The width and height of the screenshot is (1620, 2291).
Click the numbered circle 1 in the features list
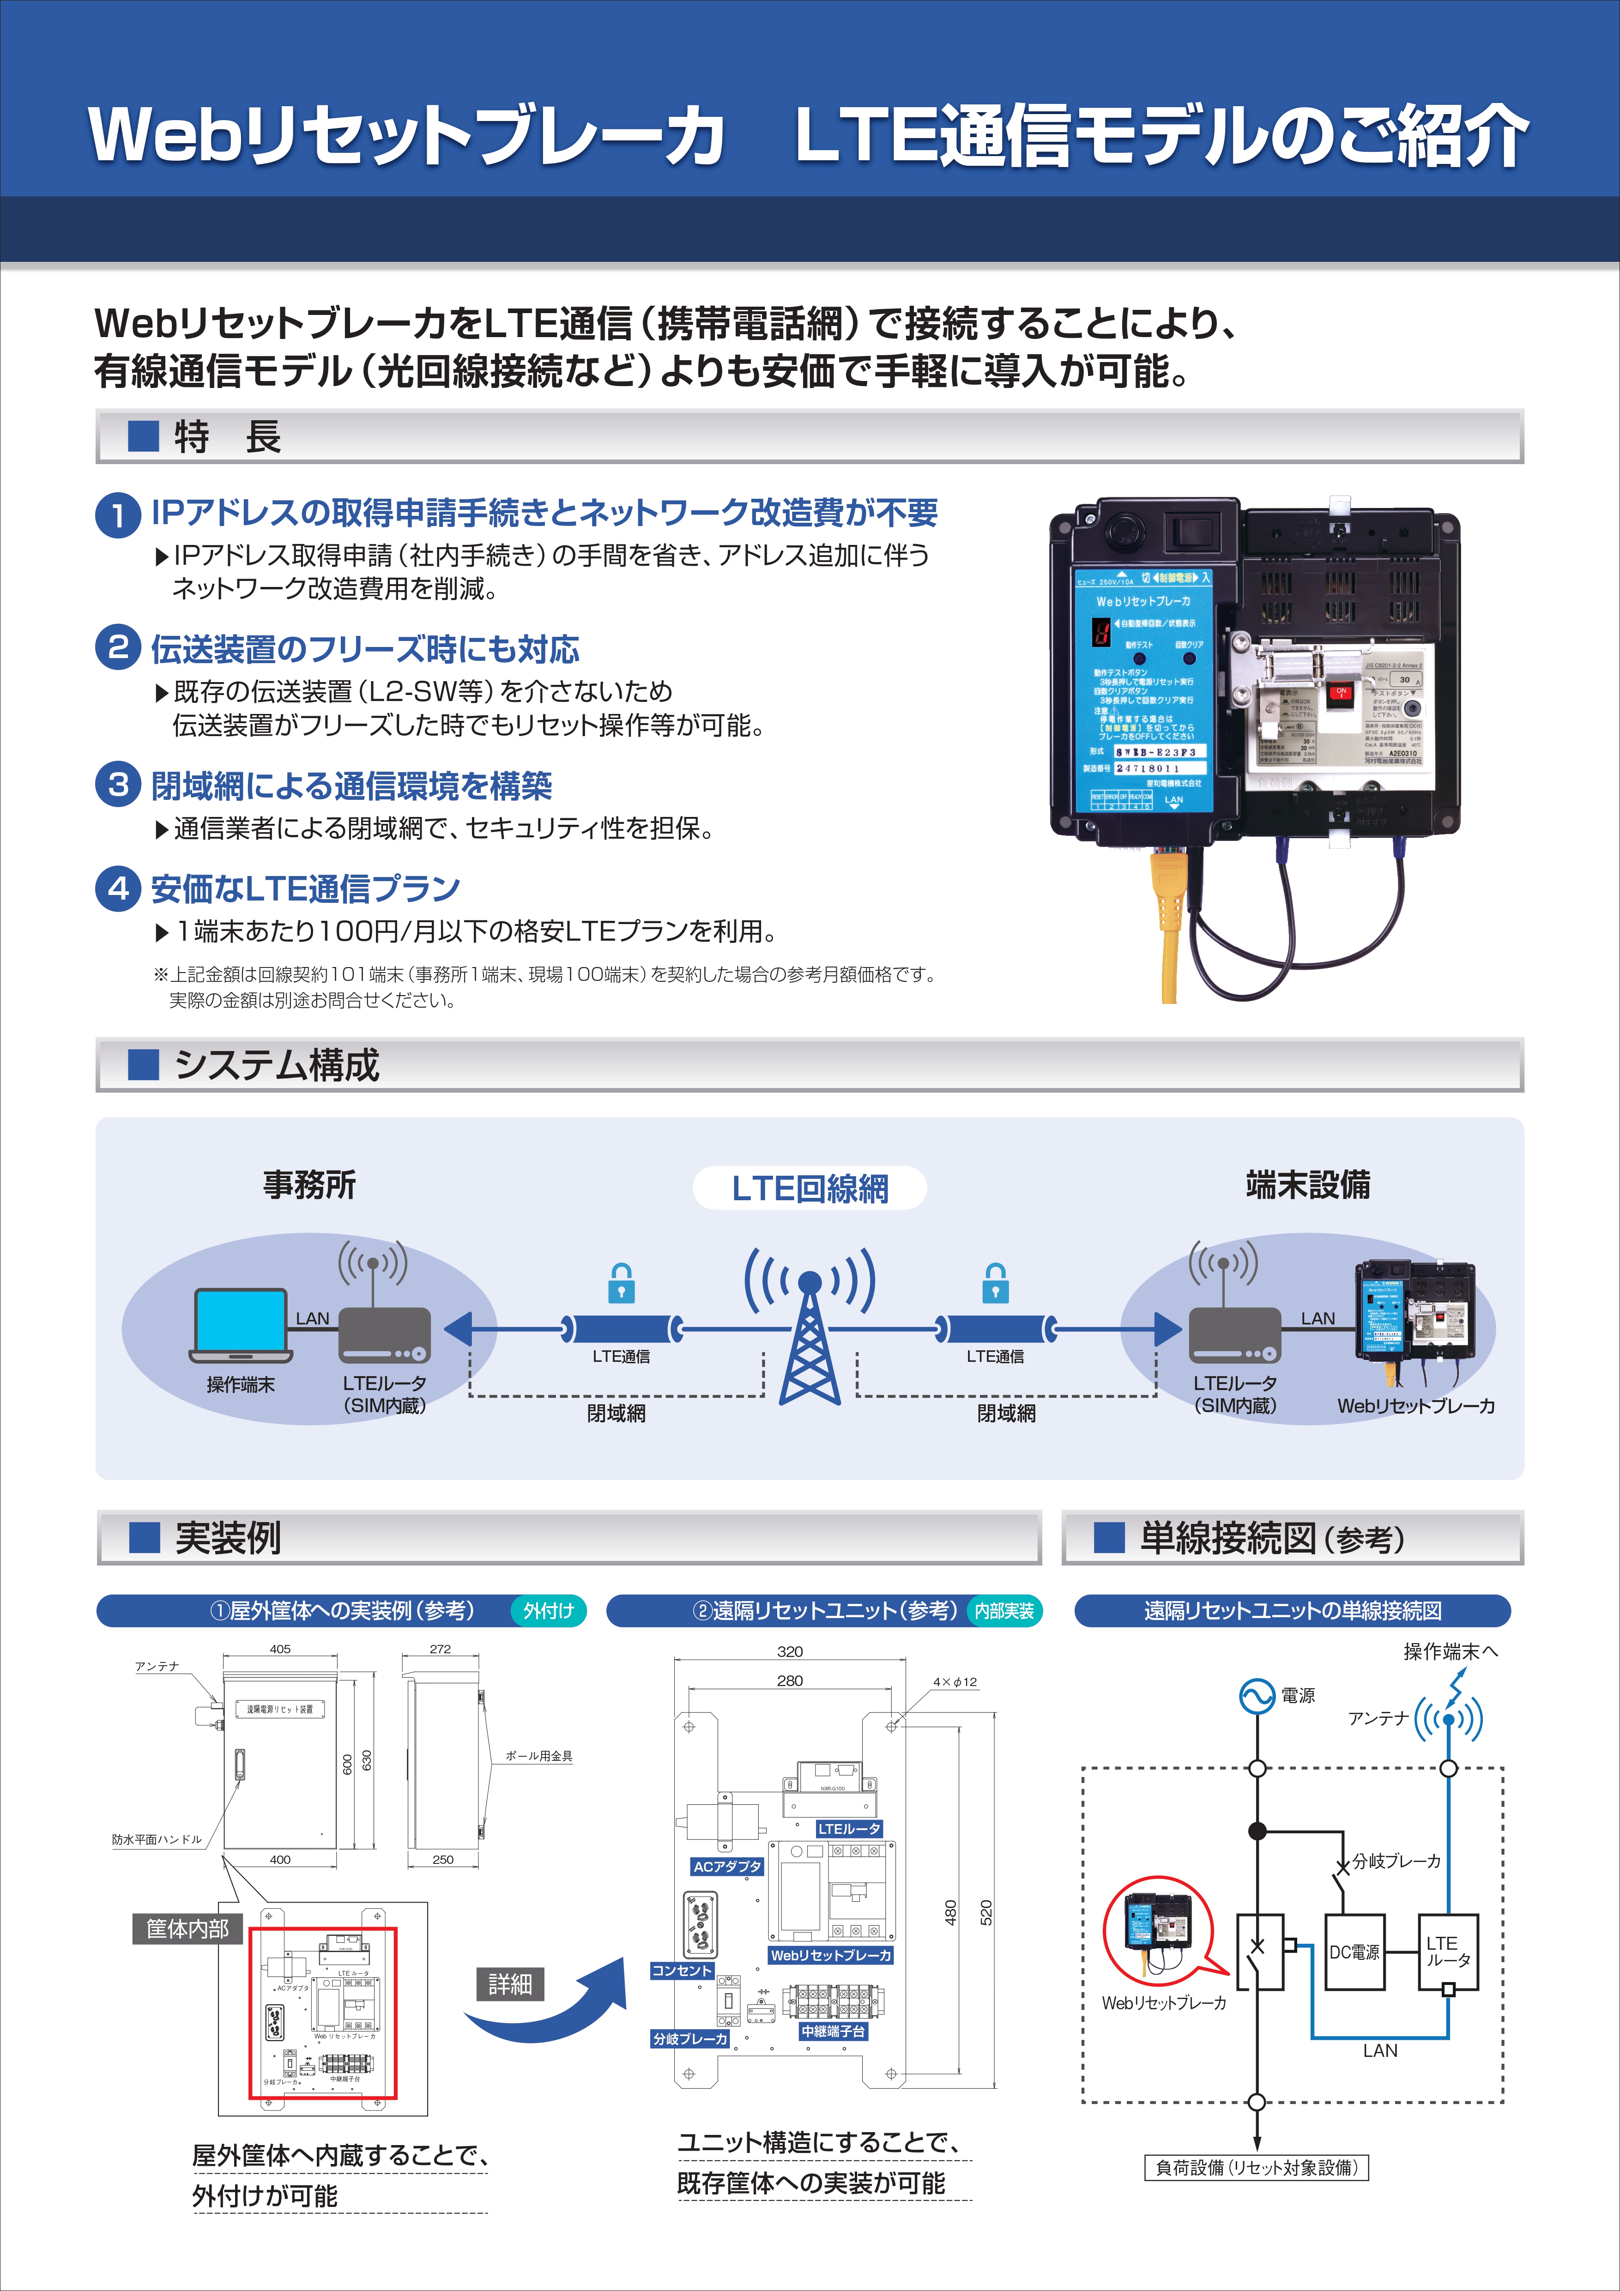(118, 515)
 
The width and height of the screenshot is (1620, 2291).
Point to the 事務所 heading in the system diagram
(309, 1185)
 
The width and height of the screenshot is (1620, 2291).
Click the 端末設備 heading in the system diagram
(1308, 1185)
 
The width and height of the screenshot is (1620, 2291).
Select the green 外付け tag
(549, 1610)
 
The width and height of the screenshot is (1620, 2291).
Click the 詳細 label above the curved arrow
(510, 1984)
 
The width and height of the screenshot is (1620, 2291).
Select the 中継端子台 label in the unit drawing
(833, 2031)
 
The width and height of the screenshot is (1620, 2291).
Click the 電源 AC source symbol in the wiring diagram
(1256, 1695)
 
